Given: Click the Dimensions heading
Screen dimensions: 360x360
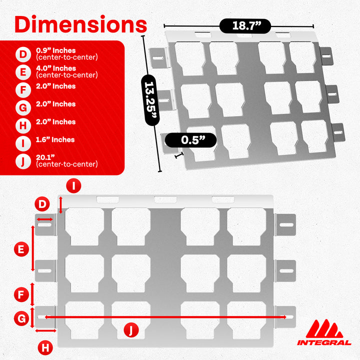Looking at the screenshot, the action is click(x=80, y=24).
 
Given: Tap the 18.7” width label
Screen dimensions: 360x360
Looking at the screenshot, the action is click(x=245, y=26).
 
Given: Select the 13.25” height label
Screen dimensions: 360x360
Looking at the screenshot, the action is click(x=150, y=100).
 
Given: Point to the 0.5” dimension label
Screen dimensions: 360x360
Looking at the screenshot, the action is click(x=191, y=140).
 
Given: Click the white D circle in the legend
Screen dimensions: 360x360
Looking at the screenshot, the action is click(x=23, y=54).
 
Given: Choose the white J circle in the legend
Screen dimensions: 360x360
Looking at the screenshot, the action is click(x=23, y=161).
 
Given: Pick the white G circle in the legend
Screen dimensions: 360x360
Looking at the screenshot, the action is click(x=23, y=108).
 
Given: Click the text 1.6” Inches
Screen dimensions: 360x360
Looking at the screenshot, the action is click(x=55, y=139).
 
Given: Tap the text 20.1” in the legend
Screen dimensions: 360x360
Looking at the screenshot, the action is click(x=45, y=157).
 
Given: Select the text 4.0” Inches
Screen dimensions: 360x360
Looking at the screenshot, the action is click(x=56, y=68).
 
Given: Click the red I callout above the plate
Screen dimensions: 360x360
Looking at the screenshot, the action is click(x=73, y=185).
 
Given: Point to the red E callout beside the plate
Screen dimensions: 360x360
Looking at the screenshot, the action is click(x=21, y=249).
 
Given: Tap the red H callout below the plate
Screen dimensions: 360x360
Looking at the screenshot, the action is click(x=45, y=347).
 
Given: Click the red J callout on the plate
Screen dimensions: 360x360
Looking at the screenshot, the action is click(x=131, y=330).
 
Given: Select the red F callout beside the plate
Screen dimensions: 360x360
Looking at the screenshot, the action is click(x=21, y=294).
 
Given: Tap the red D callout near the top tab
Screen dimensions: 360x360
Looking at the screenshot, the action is click(x=42, y=204).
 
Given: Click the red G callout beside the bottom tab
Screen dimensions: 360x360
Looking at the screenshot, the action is click(x=21, y=318).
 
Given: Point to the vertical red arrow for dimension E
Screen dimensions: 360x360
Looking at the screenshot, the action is click(x=33, y=248).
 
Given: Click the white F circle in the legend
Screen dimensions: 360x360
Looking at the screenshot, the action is click(x=23, y=90).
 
